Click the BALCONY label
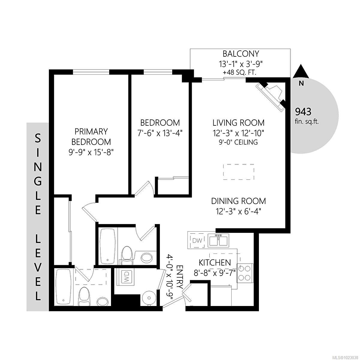(x=241, y=54)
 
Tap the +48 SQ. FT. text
(x=241, y=73)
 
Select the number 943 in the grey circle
(x=303, y=112)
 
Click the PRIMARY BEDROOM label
(x=91, y=136)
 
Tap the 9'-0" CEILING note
(x=238, y=142)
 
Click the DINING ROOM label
(x=238, y=201)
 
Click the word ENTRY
(x=180, y=277)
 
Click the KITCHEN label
(x=215, y=262)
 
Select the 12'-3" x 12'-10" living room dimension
(x=238, y=132)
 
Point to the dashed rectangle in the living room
(x=239, y=172)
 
